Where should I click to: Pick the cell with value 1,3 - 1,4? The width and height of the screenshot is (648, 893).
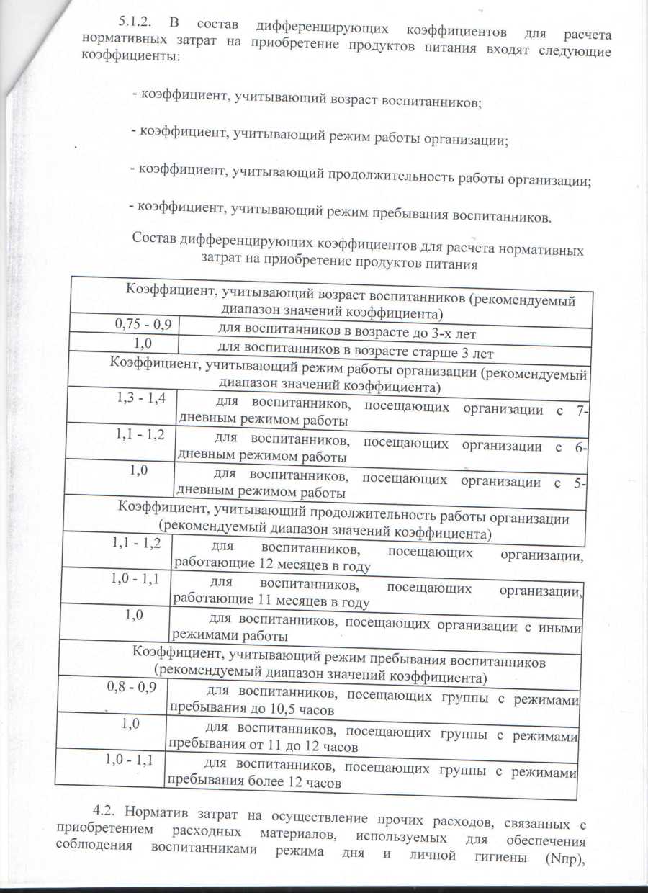(142, 395)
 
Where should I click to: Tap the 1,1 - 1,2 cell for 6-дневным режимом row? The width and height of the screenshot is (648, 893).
(140, 434)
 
